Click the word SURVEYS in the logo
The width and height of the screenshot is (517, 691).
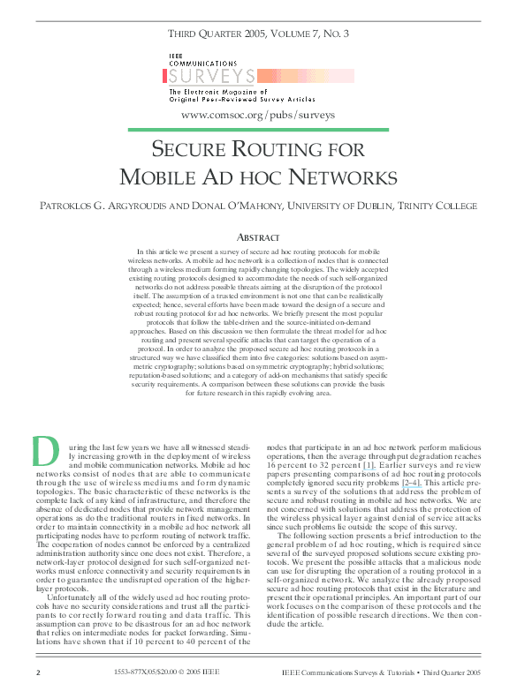(212, 77)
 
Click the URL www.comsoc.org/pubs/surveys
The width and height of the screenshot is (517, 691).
(258, 115)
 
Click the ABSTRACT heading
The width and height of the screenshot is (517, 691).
(258, 237)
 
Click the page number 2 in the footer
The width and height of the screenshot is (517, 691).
(38, 672)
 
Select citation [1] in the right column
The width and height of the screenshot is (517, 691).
(369, 463)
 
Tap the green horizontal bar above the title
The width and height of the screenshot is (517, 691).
(258, 130)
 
